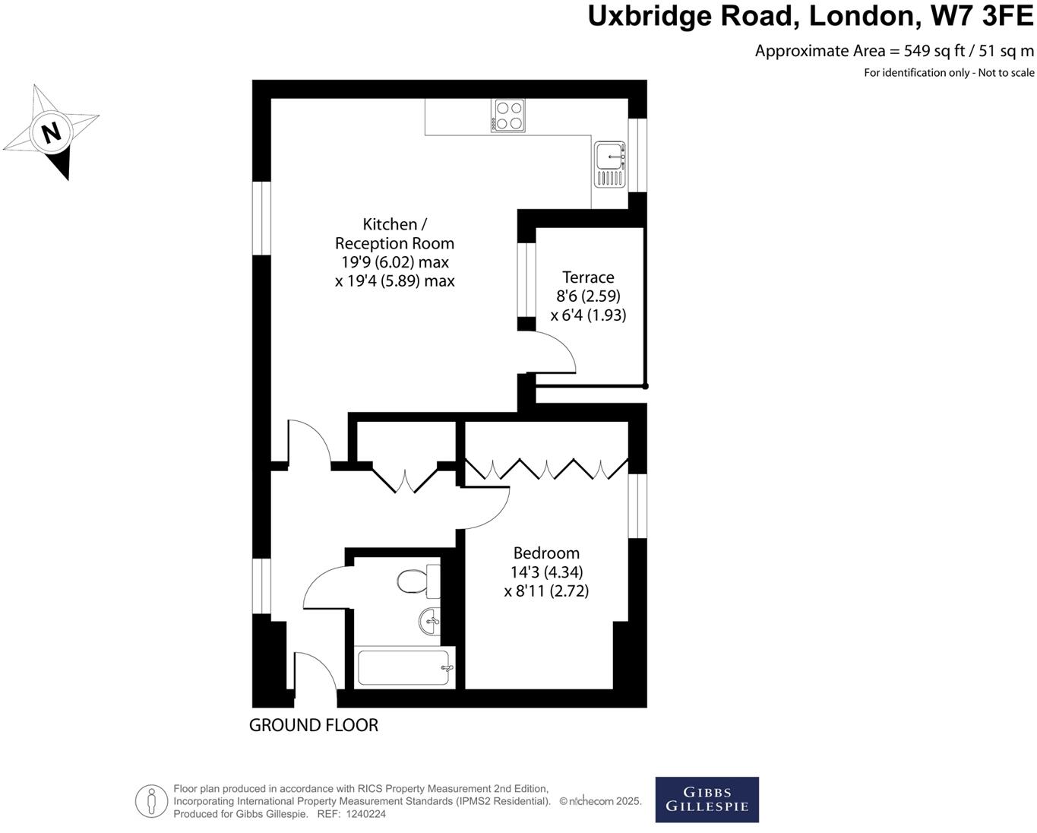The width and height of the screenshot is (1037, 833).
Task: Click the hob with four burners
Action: pyautogui.click(x=508, y=116)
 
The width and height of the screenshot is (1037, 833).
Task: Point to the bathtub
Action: pyautogui.click(x=405, y=667)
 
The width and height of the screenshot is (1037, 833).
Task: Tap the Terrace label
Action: pyautogui.click(x=588, y=277)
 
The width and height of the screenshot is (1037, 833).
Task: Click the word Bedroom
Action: pyautogui.click(x=546, y=553)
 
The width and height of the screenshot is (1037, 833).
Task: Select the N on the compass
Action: pyautogui.click(x=51, y=133)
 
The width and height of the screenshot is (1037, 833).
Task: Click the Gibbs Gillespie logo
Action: pyautogui.click(x=707, y=800)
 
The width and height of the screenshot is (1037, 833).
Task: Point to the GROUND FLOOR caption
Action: pyautogui.click(x=314, y=725)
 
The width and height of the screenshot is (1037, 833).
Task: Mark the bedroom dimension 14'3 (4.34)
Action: pyautogui.click(x=547, y=572)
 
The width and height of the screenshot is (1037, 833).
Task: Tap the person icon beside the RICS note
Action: pyautogui.click(x=152, y=801)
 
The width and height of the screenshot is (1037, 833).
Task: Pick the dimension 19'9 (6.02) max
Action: pyautogui.click(x=395, y=262)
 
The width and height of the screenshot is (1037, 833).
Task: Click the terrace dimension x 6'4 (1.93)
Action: pyautogui.click(x=588, y=315)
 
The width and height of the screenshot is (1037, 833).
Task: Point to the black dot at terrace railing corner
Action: pyautogui.click(x=645, y=386)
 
